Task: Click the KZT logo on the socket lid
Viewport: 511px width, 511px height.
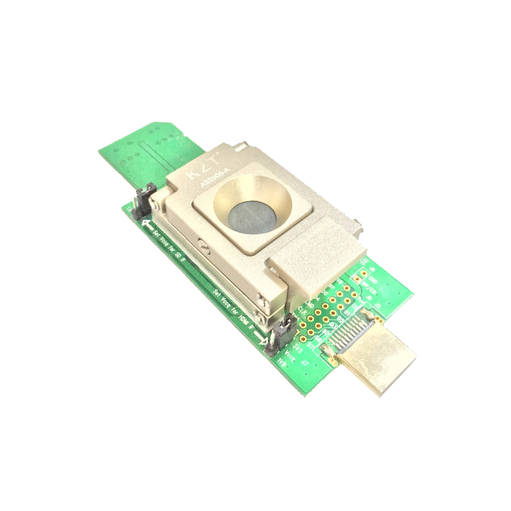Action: (x=202, y=168)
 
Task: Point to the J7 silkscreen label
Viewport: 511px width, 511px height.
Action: (x=304, y=364)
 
